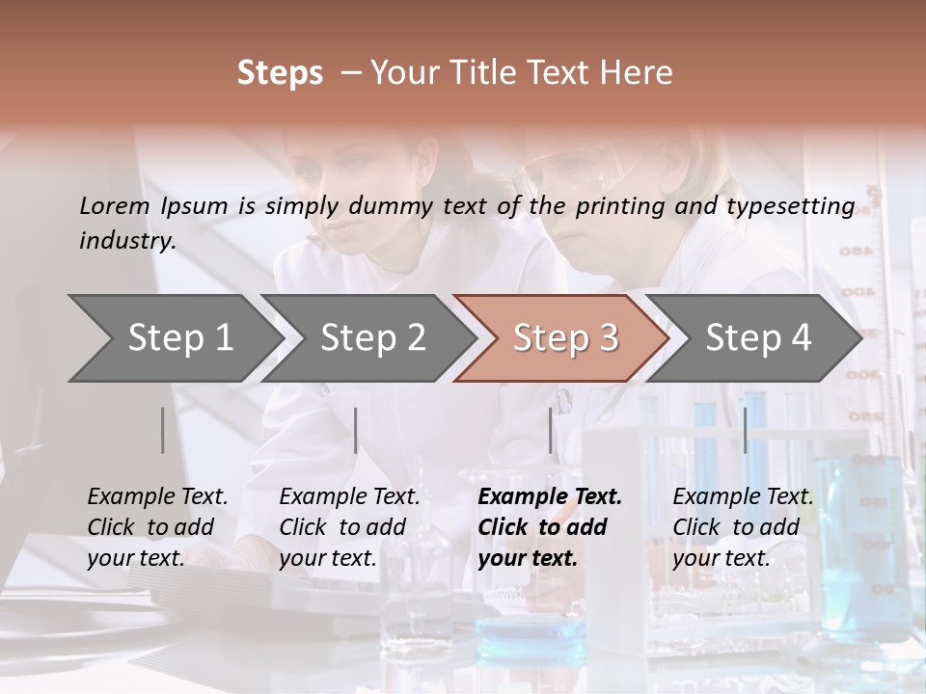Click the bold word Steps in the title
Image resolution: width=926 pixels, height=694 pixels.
(280, 73)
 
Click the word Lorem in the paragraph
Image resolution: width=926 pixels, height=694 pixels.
(114, 205)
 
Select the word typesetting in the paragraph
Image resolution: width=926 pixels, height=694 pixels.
(799, 206)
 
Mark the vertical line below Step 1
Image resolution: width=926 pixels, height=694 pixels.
(163, 430)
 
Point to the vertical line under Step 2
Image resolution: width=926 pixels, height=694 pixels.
(356, 430)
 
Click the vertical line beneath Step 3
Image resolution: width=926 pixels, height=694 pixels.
(551, 430)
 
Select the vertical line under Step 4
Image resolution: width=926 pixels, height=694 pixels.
(745, 430)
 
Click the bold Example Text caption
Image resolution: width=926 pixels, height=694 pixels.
(550, 527)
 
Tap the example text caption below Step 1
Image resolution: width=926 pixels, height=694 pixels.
(157, 527)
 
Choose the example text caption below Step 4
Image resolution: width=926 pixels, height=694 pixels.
(743, 527)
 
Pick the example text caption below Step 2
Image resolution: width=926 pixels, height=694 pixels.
(349, 527)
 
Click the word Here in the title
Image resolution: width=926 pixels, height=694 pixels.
(641, 73)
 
